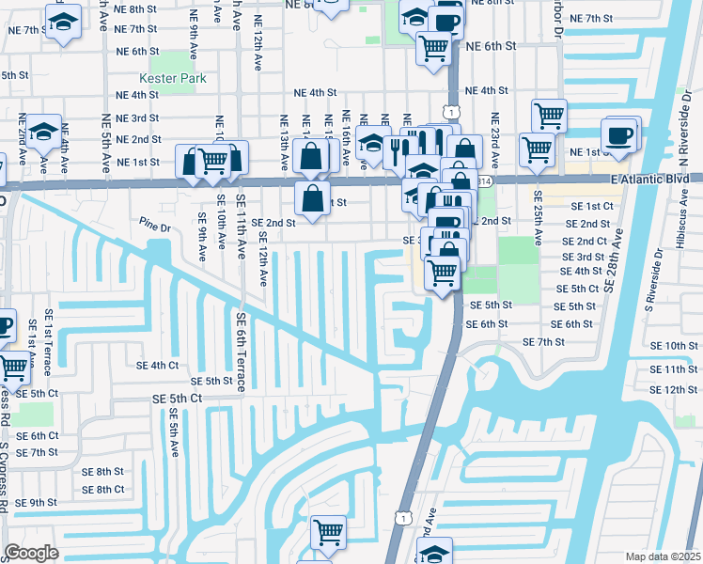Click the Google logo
(x=32, y=552)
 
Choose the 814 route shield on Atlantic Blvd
(x=484, y=180)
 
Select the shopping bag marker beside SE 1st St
(x=312, y=198)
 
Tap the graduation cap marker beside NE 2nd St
(x=42, y=133)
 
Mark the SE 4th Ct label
(x=157, y=365)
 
